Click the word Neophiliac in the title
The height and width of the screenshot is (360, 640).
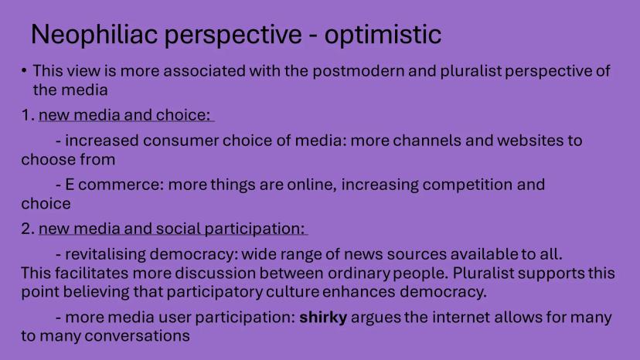tap(94, 34)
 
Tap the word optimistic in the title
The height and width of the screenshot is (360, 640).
tap(383, 34)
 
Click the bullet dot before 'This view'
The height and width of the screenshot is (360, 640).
tap(24, 70)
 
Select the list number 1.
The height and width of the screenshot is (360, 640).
tap(26, 115)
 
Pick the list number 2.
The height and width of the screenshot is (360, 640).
tap(27, 229)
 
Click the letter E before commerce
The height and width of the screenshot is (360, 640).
tap(70, 185)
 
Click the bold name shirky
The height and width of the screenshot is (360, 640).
tap(323, 318)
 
